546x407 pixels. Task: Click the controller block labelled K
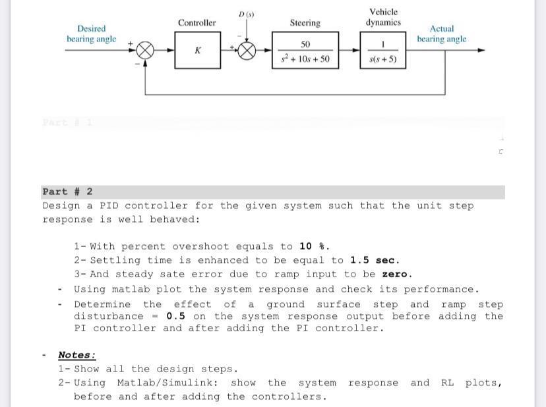[197, 51]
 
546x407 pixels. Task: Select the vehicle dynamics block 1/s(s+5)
[383, 51]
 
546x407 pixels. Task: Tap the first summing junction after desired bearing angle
[145, 51]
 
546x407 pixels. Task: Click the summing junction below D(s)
[247, 51]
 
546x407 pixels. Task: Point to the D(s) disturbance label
[247, 14]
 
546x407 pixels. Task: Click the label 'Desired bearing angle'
[91, 34]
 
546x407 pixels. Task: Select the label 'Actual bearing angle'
[441, 34]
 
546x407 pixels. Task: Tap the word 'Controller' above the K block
[197, 23]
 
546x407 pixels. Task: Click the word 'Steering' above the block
[305, 23]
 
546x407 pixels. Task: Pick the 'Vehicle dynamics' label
[383, 17]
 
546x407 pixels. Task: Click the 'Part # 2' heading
[67, 192]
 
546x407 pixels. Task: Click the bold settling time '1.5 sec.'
[375, 260]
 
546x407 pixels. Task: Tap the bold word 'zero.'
[397, 274]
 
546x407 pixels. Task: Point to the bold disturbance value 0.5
[175, 316]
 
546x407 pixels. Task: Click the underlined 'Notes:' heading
[76, 355]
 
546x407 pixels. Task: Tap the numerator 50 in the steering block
[305, 44]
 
